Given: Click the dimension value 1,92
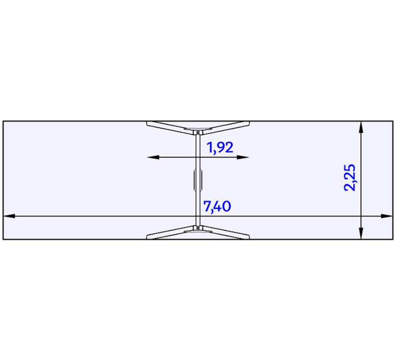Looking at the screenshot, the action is click(x=220, y=148).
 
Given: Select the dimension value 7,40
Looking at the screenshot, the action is click(x=217, y=206).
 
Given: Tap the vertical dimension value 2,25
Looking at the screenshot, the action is click(x=350, y=178).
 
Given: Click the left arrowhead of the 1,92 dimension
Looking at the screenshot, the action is click(x=153, y=157).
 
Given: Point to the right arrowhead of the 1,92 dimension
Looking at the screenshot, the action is click(x=243, y=157).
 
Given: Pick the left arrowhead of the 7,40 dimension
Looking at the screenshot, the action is click(x=9, y=216).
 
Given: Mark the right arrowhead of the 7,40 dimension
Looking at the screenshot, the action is click(x=387, y=216).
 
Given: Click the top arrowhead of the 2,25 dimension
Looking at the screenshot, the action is click(x=361, y=127).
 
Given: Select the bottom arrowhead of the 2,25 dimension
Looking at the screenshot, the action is click(x=361, y=233).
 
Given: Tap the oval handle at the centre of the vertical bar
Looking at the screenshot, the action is click(x=198, y=180).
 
